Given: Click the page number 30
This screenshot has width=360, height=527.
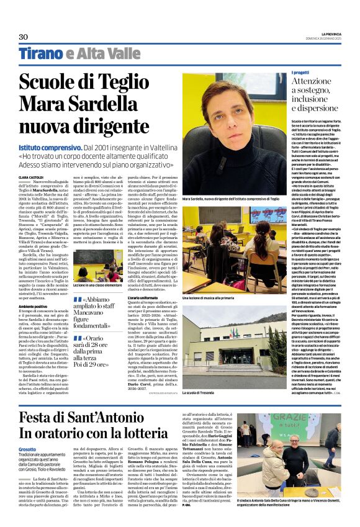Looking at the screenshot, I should [x=23, y=37].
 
